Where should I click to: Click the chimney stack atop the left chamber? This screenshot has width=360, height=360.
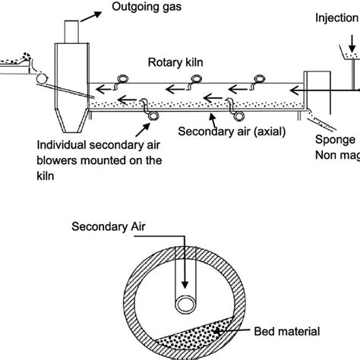[72, 30]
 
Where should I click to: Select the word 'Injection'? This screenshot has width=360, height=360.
[336, 17]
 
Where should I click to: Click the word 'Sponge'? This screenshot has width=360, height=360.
[336, 140]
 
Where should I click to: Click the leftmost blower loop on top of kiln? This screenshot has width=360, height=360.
[121, 79]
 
